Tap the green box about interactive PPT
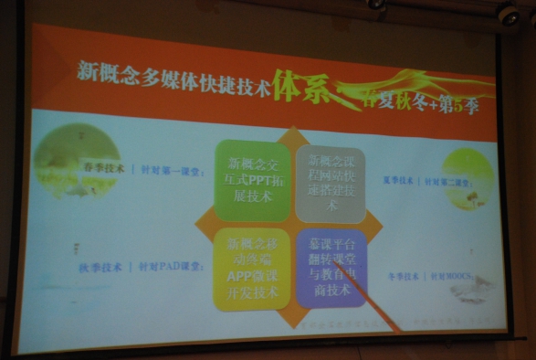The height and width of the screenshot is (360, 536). (x=253, y=179)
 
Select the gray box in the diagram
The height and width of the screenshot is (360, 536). (x=330, y=181)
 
